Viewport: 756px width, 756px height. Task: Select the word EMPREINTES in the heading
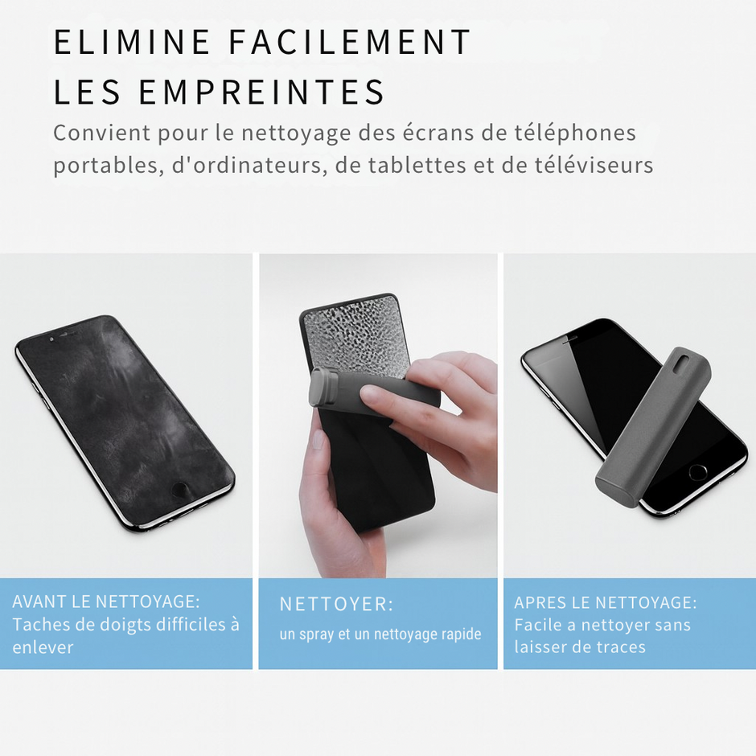click(261, 92)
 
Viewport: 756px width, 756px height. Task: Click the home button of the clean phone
click(697, 472)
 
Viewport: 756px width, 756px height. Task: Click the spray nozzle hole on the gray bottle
click(682, 364)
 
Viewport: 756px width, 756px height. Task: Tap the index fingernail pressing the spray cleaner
click(373, 395)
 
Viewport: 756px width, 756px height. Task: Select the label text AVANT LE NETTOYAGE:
click(106, 602)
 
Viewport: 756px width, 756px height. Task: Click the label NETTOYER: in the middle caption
click(336, 605)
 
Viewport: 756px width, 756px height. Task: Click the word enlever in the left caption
click(43, 647)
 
